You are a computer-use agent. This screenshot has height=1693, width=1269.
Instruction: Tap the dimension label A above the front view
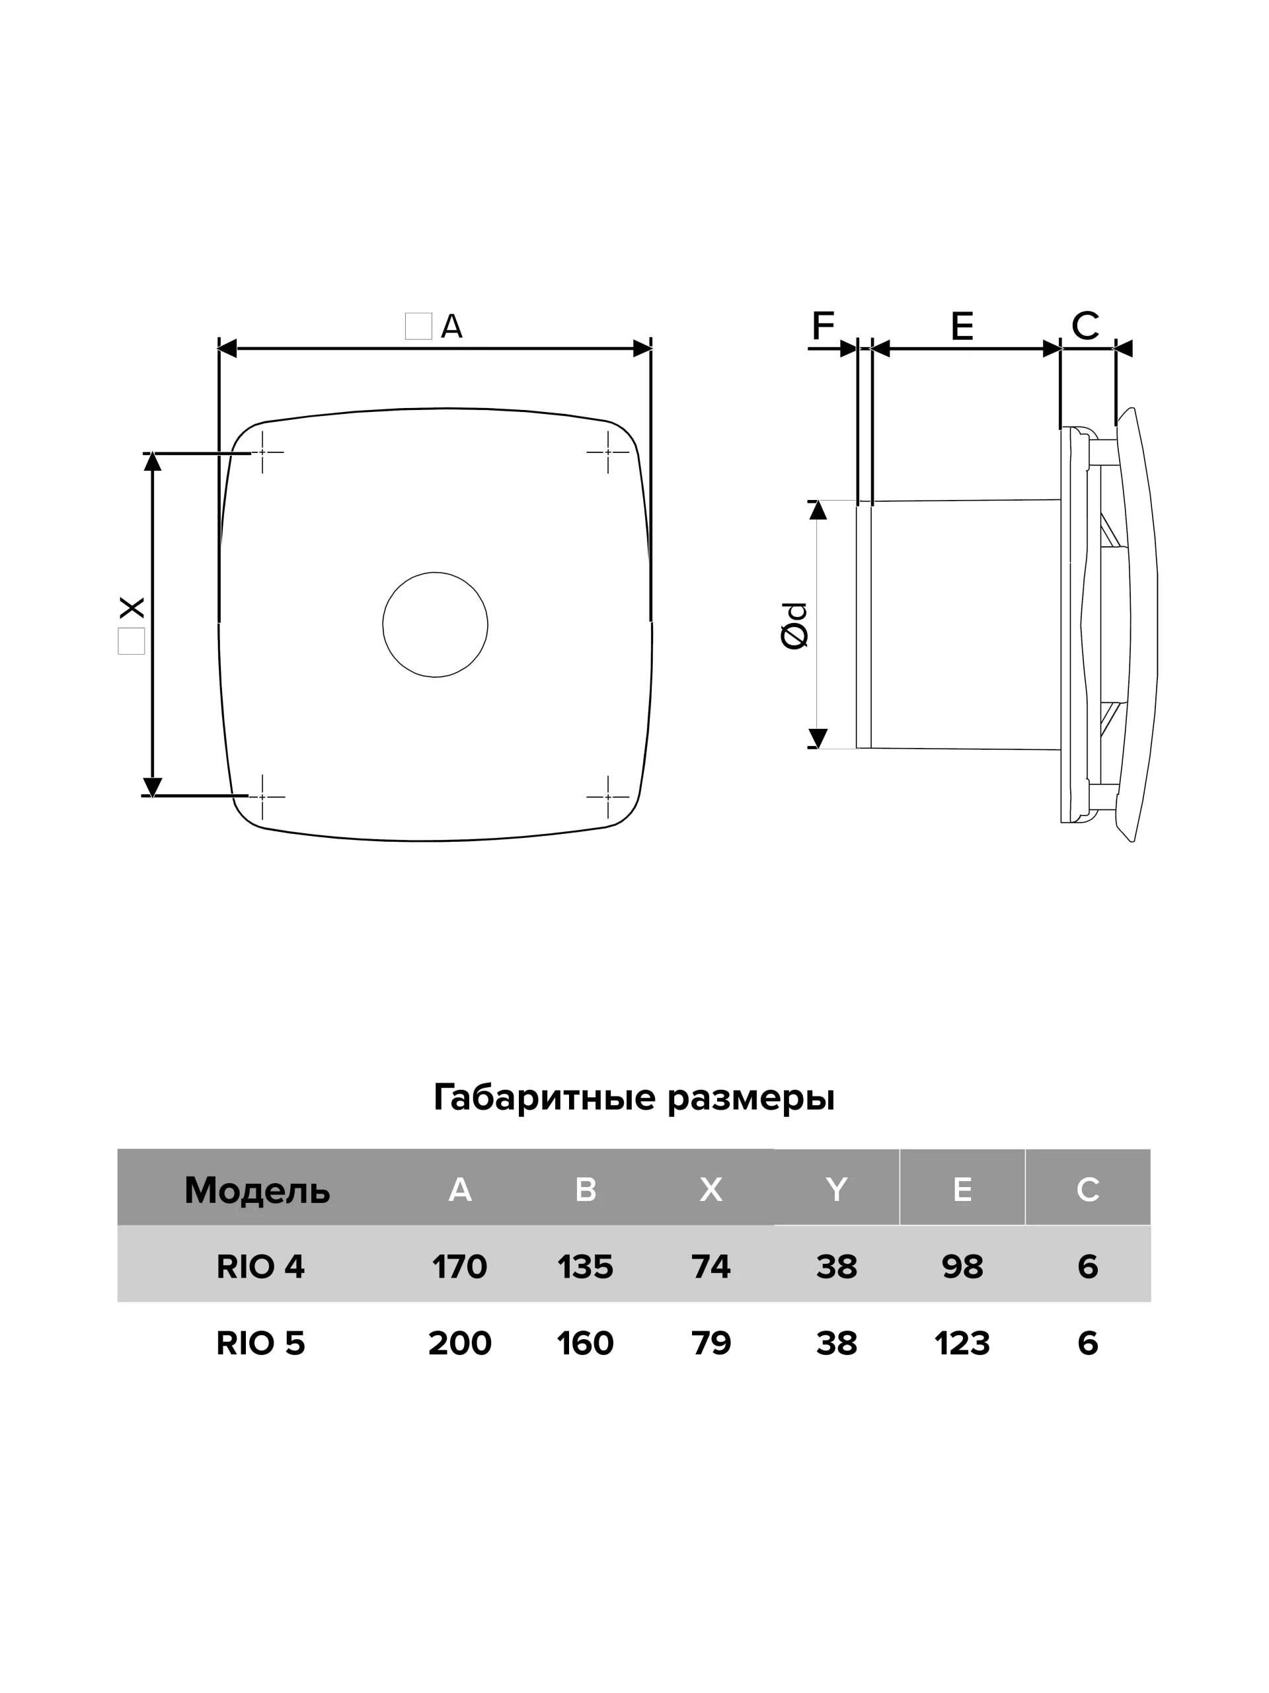coord(451,327)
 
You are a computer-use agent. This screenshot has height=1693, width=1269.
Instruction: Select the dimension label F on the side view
coord(822,327)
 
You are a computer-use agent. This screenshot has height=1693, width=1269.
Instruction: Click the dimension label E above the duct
coord(962,327)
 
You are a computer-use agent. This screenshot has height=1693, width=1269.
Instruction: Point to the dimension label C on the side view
coord(1085,326)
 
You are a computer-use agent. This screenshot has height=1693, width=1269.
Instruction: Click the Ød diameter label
coord(794,626)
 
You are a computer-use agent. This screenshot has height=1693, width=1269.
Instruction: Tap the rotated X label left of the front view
coord(132,608)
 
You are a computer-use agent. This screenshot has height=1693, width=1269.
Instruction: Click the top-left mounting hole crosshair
coord(262,452)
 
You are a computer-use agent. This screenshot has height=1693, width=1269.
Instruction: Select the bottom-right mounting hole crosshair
coord(607,797)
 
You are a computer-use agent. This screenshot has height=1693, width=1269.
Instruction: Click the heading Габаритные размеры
coord(634,1098)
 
